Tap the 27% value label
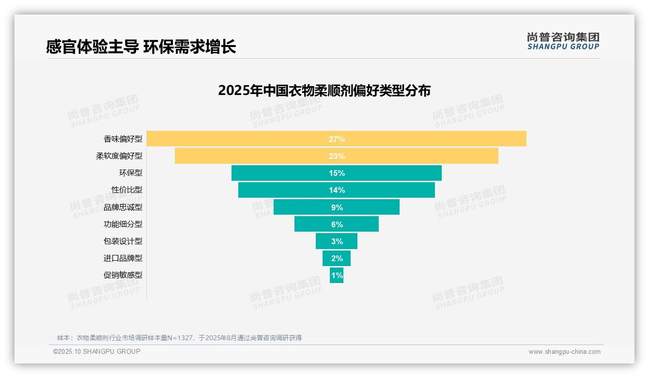coord(337,139)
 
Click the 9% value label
coord(337,207)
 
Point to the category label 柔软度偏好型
coord(119,156)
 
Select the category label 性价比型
coord(127,190)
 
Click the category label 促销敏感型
coord(123,275)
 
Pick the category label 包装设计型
coord(123,241)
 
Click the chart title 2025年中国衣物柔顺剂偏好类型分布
coord(324,91)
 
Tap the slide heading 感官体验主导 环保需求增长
coord(141,47)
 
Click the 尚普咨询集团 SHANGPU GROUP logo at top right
coord(563,41)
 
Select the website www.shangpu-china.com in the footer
coord(564,352)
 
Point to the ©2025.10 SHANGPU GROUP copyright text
coord(97,351)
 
